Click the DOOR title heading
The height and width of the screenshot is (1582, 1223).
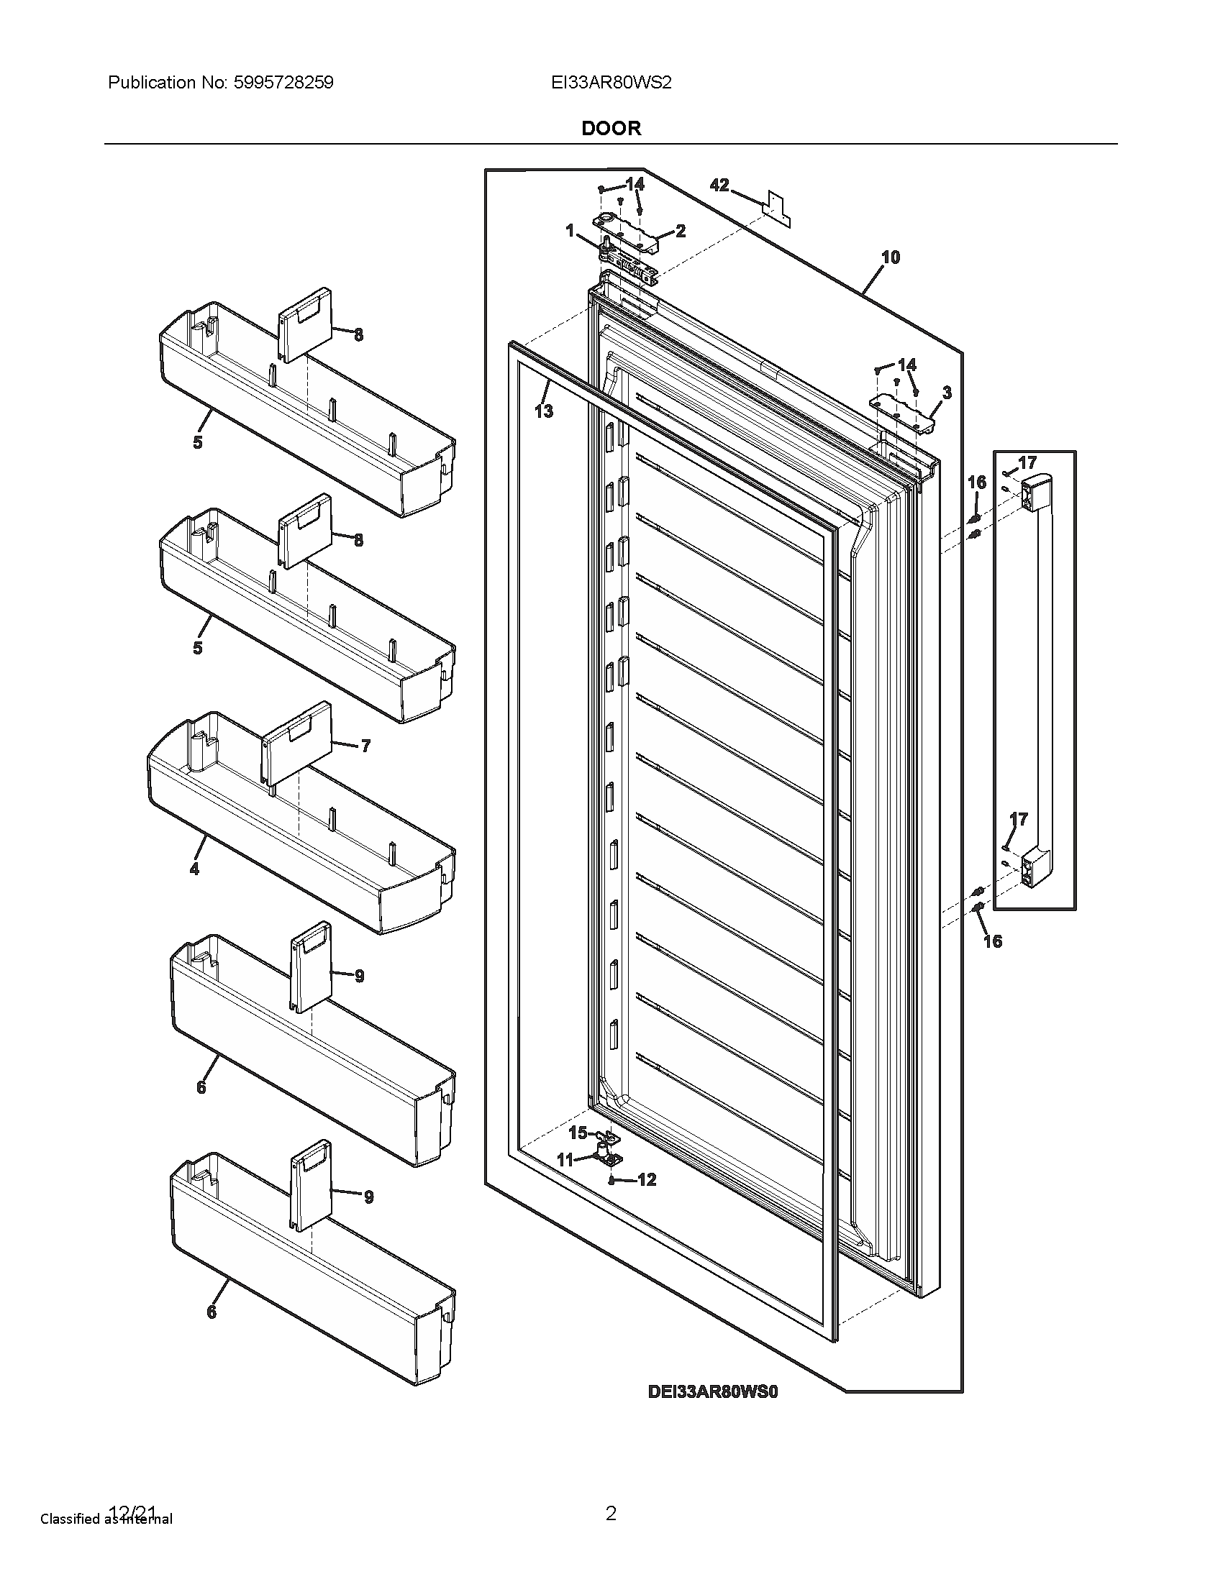coord(611,128)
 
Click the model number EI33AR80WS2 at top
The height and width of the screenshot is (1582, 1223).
coord(611,83)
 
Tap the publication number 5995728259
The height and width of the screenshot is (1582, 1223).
coord(283,83)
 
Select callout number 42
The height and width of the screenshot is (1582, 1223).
coord(719,186)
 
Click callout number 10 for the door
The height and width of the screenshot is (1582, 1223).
coord(891,257)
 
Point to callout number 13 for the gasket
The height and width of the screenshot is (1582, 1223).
coord(543,411)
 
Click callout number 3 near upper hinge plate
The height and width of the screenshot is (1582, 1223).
coord(946,393)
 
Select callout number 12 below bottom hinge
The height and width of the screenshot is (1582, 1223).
coord(646,1180)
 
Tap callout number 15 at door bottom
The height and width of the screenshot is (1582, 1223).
coord(578,1132)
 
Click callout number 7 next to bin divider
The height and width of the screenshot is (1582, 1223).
coord(365,746)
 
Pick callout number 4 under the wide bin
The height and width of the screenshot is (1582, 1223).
coord(194,868)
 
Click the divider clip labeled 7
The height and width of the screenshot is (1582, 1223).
coord(297,743)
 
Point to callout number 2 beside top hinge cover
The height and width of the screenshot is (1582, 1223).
coord(681,231)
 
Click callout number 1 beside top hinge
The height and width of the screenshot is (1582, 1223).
coord(570,230)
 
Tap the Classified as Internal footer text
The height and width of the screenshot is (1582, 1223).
coord(106,1519)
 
